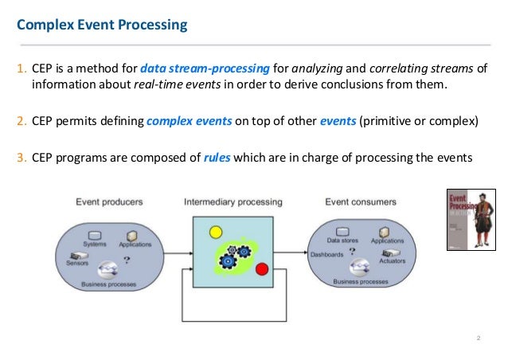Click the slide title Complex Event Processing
[x=103, y=25]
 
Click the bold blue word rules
[x=217, y=156]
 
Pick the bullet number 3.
[x=21, y=156]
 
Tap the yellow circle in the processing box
[x=214, y=233]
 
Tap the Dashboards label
[x=328, y=255]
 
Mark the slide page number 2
[x=479, y=340]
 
